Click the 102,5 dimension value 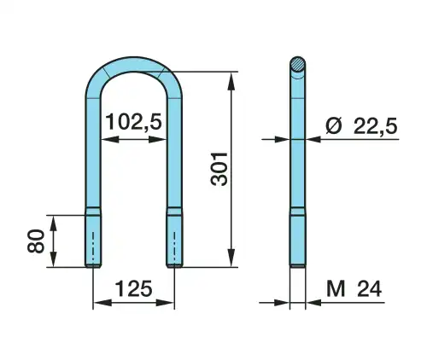click(133, 122)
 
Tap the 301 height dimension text click(219, 169)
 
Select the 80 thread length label click(36, 241)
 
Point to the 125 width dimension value click(133, 288)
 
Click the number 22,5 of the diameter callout click(375, 126)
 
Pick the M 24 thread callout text click(354, 288)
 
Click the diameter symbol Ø click(333, 126)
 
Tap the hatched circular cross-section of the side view click(298, 65)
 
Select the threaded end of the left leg click(93, 241)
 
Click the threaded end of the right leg click(174, 241)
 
